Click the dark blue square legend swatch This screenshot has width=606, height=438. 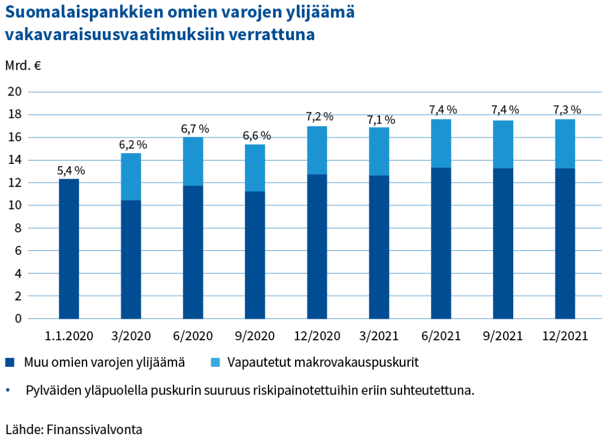pyautogui.click(x=10, y=362)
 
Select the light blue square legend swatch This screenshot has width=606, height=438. pyautogui.click(x=215, y=362)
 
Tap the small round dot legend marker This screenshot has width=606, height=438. pyautogui.click(x=7, y=389)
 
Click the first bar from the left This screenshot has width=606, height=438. pyautogui.click(x=69, y=249)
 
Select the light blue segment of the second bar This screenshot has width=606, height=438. pyautogui.click(x=131, y=176)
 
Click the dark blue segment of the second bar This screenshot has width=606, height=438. pyautogui.click(x=131, y=259)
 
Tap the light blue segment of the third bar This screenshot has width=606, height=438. pyautogui.click(x=193, y=161)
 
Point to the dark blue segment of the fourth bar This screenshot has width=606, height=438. pyautogui.click(x=255, y=255)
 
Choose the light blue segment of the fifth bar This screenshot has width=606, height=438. pyautogui.click(x=317, y=150)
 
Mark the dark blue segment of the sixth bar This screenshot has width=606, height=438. pyautogui.click(x=379, y=247)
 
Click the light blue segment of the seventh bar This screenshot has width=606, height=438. pyautogui.click(x=441, y=143)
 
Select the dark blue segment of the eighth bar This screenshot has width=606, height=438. pyautogui.click(x=503, y=244)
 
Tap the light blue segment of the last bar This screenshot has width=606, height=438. pyautogui.click(x=565, y=144)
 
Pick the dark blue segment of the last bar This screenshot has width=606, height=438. pyautogui.click(x=565, y=244)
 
